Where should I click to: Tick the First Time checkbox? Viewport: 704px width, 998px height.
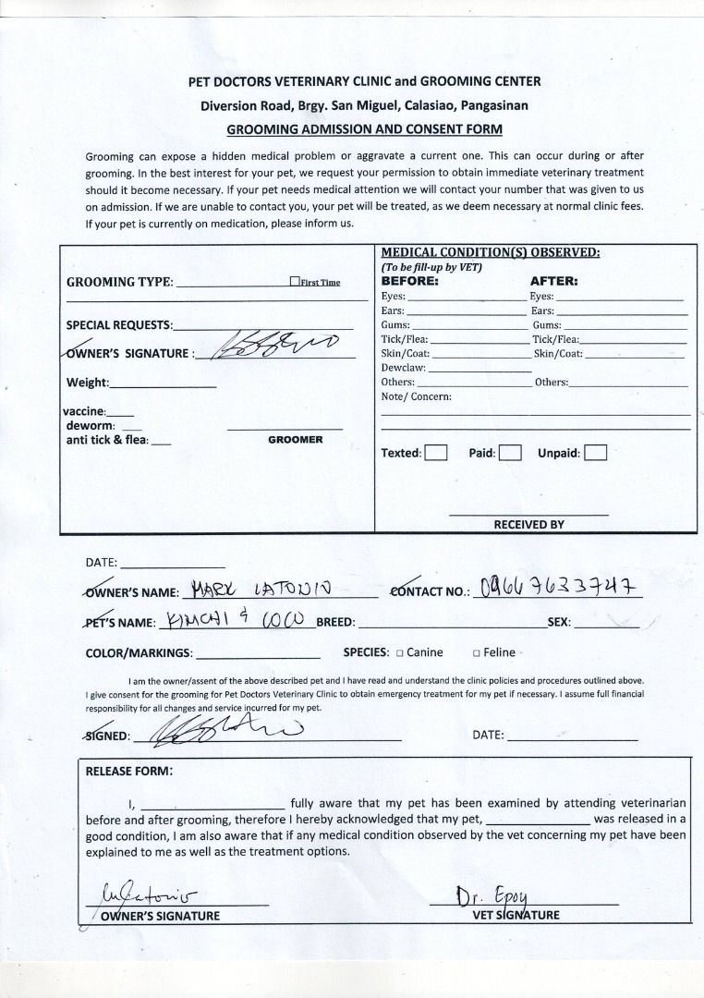[294, 282]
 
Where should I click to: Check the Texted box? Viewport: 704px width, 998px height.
[436, 453]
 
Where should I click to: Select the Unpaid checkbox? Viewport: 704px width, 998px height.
[596, 453]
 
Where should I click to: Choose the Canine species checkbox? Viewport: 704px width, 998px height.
[400, 653]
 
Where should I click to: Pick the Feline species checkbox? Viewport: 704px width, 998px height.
[477, 653]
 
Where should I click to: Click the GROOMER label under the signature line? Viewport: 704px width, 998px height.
[295, 440]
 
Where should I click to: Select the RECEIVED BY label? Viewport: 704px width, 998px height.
[528, 524]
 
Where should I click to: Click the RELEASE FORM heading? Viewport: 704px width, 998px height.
[128, 771]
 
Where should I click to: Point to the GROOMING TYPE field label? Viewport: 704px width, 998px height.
[119, 282]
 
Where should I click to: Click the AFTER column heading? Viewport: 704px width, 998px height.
[553, 281]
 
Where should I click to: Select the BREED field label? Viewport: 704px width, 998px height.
[336, 623]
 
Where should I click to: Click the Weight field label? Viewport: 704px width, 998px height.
[88, 383]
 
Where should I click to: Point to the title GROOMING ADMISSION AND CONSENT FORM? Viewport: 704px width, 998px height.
[364, 129]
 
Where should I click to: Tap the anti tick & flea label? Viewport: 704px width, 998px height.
[106, 440]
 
